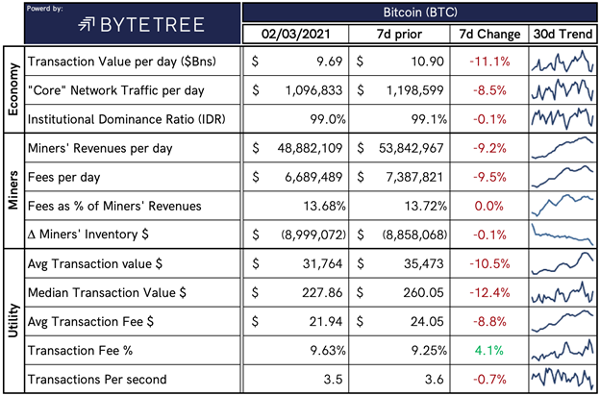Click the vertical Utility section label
(x=12, y=319)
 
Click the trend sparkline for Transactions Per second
(x=562, y=379)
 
